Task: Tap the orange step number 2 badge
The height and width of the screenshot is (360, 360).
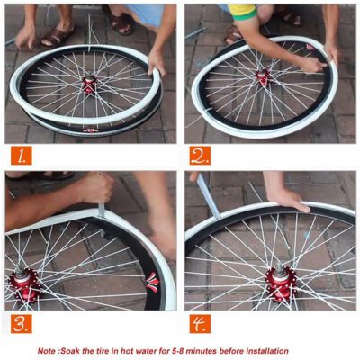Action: (x=200, y=156)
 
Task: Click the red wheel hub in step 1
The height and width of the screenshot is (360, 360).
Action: (x=89, y=85)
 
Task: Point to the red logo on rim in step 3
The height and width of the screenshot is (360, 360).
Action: (x=151, y=281)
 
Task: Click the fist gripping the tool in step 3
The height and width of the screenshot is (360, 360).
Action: (x=94, y=188)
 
